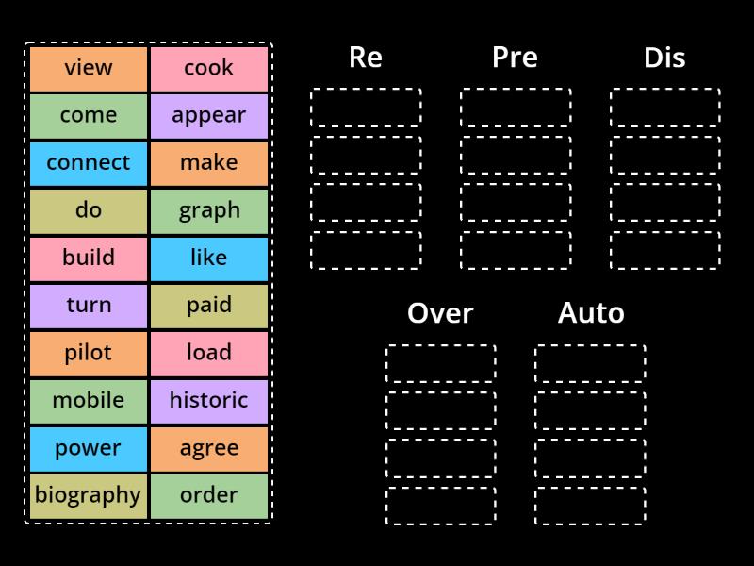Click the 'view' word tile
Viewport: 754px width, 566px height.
[x=89, y=68]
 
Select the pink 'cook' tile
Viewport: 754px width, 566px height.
[x=209, y=68]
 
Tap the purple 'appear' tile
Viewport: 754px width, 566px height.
[x=209, y=115]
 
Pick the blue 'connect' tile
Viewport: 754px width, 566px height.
[x=89, y=162]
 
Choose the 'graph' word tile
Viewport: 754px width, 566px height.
[x=209, y=210]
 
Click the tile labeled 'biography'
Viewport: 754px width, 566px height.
[x=89, y=495]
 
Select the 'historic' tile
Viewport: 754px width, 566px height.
[x=209, y=400]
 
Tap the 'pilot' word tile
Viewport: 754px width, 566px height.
[x=89, y=353]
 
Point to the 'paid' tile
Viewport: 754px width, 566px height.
[x=209, y=305]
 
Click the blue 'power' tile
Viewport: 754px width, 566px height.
[x=89, y=448]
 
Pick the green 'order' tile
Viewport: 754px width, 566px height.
[x=209, y=495]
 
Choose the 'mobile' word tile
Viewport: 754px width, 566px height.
[x=89, y=400]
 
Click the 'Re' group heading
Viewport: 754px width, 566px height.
[x=366, y=58]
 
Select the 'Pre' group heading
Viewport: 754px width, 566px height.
[x=515, y=58]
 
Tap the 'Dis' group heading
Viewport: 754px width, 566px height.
[x=664, y=58]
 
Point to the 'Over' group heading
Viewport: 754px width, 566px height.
[x=440, y=313]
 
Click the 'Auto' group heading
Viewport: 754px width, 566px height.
[x=591, y=313]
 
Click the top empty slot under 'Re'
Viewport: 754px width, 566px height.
[x=366, y=108]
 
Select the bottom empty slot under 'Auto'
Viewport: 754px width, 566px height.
[x=590, y=506]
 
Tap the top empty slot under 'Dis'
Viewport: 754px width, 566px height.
[x=664, y=108]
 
